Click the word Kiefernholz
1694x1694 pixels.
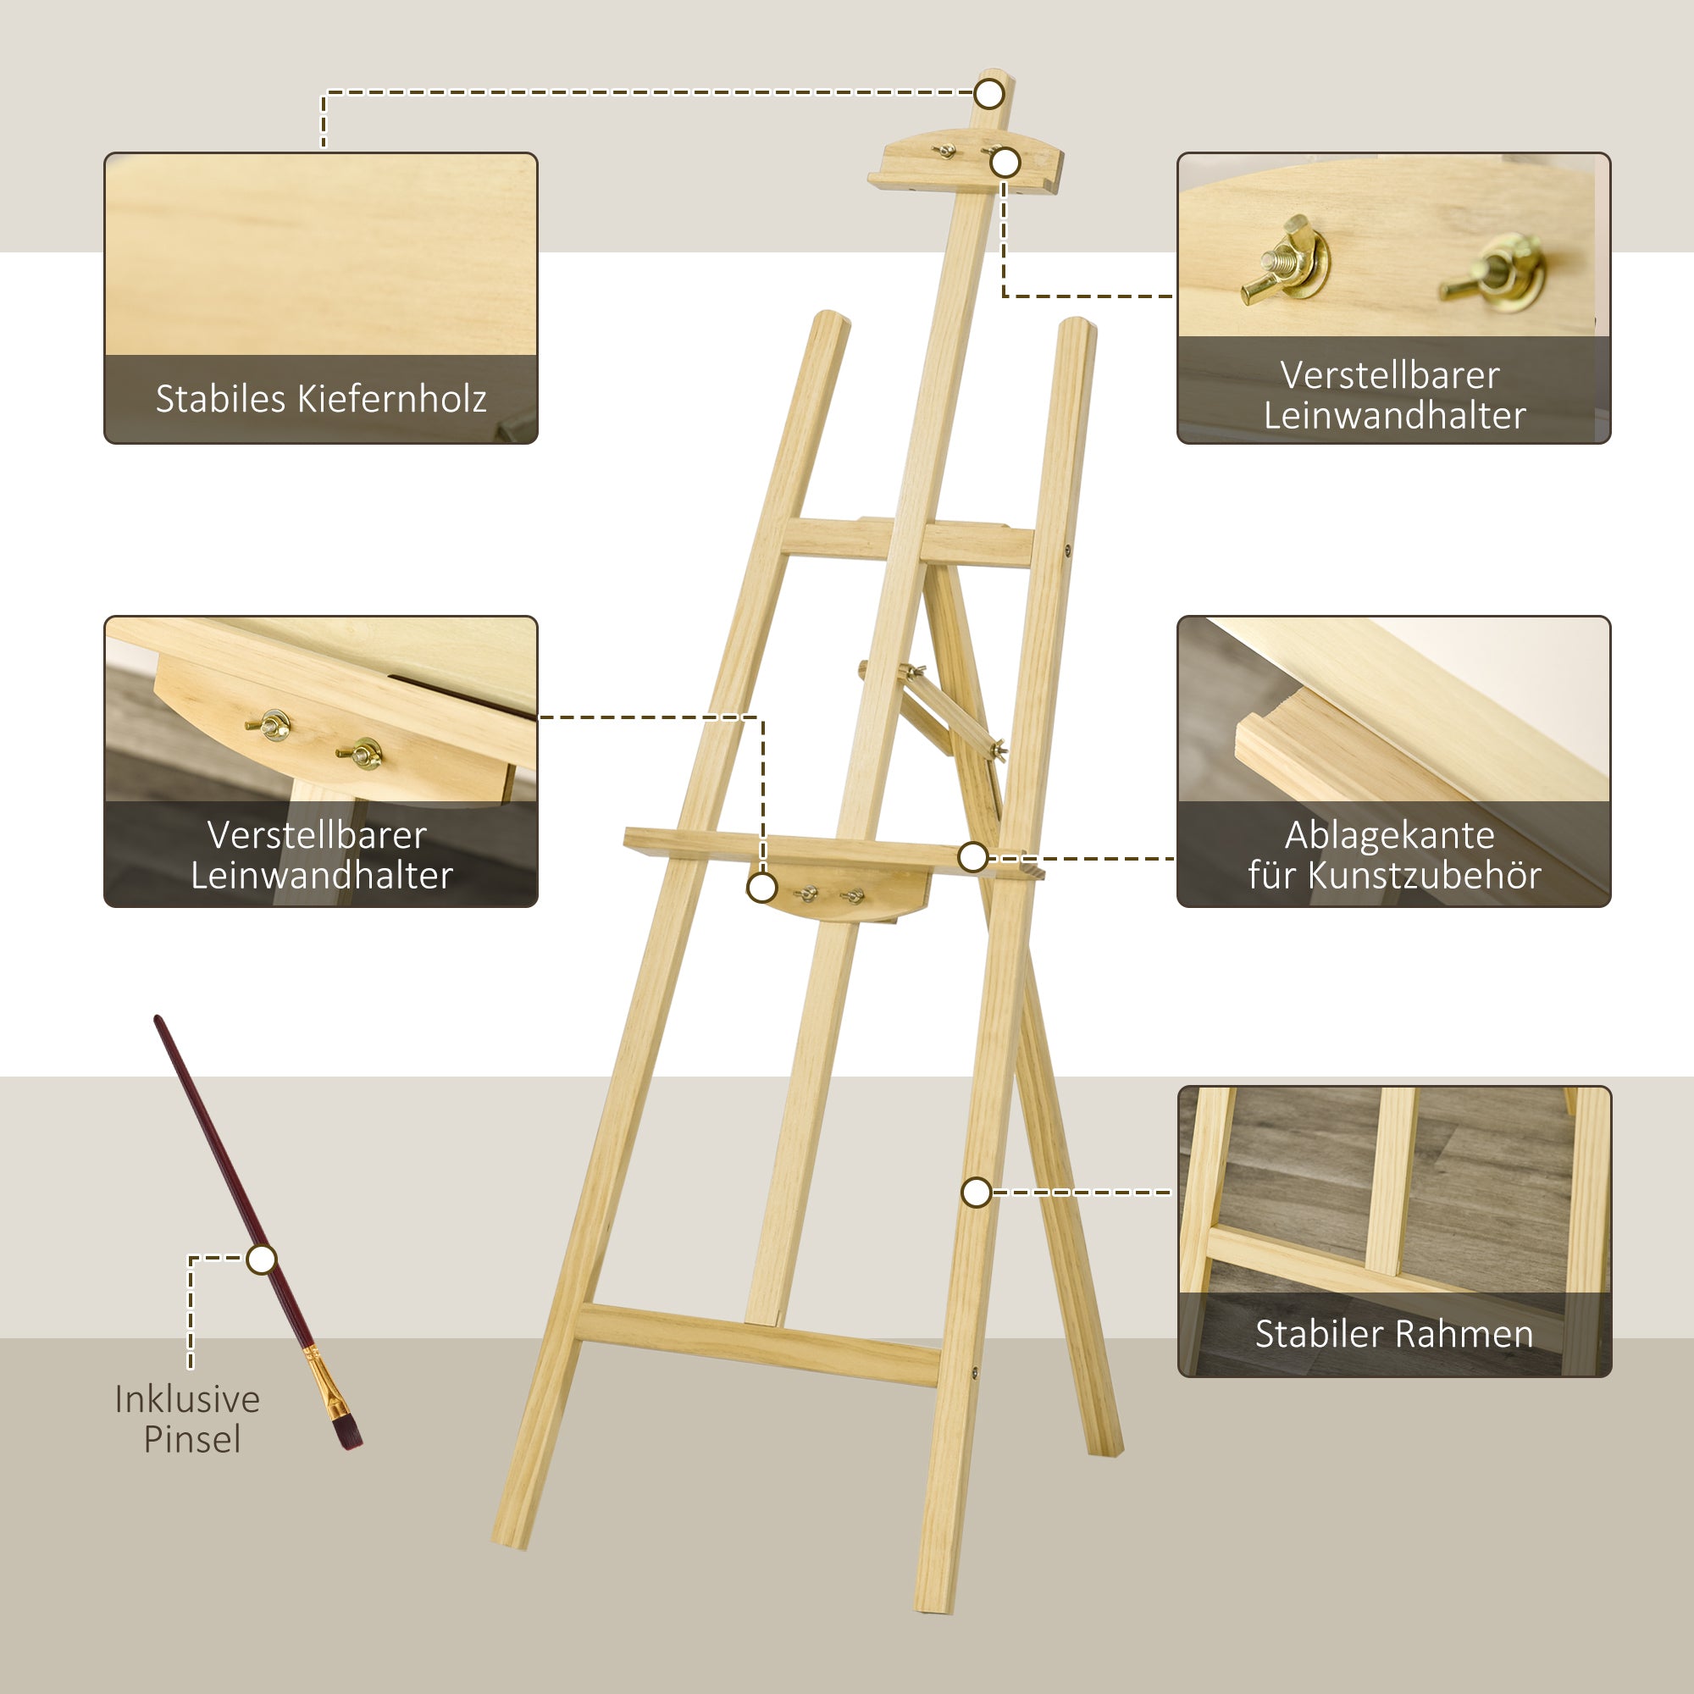[392, 399]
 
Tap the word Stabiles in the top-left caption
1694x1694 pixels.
[220, 399]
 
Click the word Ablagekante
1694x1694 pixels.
[1390, 835]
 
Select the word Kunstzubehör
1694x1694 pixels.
[1424, 875]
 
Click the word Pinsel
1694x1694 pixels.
[192, 1439]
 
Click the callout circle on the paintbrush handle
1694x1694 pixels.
[261, 1259]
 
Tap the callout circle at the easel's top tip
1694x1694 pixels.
[989, 94]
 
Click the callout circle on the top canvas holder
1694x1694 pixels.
[1005, 163]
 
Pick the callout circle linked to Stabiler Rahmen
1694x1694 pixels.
[976, 1193]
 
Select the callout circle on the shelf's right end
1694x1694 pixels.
[972, 856]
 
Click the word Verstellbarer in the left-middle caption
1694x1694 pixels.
[317, 835]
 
